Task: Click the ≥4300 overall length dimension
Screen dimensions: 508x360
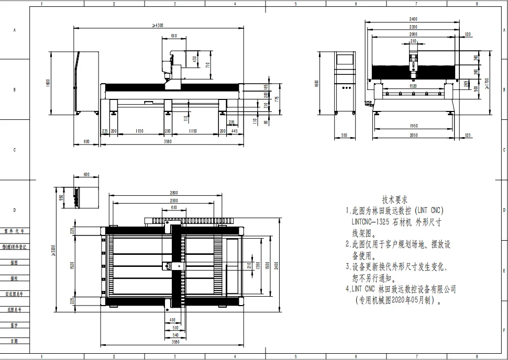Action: coord(158,25)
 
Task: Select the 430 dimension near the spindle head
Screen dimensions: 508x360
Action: coord(195,59)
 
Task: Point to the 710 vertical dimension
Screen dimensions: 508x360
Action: coord(208,65)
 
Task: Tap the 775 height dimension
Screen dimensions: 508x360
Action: coord(277,98)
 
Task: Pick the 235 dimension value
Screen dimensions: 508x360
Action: coord(105,131)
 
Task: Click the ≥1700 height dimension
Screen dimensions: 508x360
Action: coord(487,82)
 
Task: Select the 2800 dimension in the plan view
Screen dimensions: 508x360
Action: coord(174,193)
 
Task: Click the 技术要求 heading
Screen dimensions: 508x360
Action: coord(395,199)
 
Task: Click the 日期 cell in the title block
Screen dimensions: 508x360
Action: coord(14,341)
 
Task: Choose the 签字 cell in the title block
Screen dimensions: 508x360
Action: coord(14,325)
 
